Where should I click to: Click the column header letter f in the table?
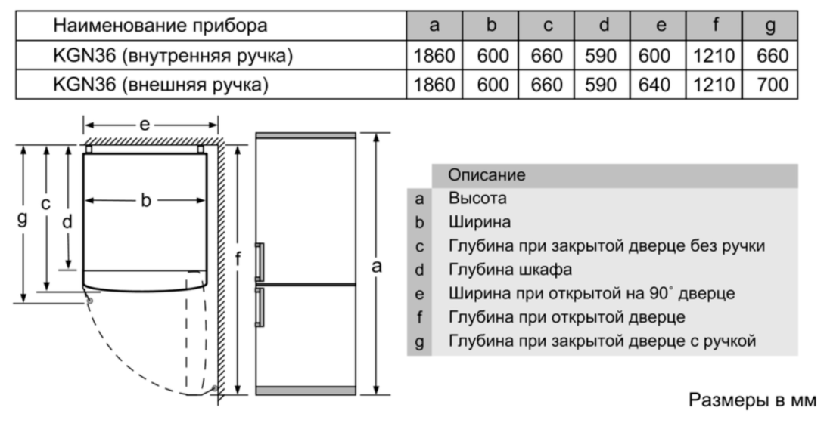[715, 25]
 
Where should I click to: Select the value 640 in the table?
[654, 85]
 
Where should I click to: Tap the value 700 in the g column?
[773, 85]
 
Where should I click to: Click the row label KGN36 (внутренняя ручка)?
[173, 56]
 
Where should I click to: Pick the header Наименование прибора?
[160, 25]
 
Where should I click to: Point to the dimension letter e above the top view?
[145, 125]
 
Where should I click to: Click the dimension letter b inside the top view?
[146, 200]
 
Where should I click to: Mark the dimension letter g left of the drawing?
[22, 218]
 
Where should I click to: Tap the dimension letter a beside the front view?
[376, 267]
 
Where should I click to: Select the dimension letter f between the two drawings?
[238, 259]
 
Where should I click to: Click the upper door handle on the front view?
[259, 262]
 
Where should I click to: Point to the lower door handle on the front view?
[259, 307]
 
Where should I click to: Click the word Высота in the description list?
[477, 199]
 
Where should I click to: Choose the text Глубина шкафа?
[510, 270]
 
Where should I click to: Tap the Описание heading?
[487, 175]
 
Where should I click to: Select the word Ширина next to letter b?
[480, 222]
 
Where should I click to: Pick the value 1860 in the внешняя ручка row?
[434, 85]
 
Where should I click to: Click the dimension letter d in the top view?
[67, 222]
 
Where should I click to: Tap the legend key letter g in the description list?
[419, 342]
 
